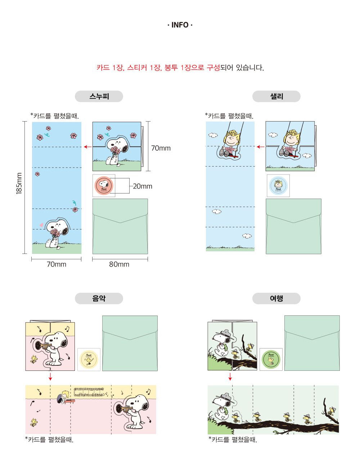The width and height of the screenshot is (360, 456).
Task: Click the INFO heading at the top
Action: point(180,25)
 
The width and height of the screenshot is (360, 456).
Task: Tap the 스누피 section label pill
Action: point(99,96)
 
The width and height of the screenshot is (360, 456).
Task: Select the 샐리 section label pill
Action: point(276,96)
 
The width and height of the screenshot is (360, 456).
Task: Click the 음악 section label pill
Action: point(99,298)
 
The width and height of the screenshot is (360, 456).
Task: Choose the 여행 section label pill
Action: point(276,298)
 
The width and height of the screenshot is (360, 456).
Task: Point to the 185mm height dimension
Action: point(19,183)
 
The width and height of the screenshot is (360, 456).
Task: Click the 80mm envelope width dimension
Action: point(119,264)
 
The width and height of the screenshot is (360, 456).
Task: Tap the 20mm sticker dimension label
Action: point(143,186)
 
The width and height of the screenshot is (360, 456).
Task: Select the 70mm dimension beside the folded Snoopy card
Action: point(161,148)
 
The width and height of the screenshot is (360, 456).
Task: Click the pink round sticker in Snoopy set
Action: point(104,186)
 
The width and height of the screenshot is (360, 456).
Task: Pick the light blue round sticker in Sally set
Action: point(278,186)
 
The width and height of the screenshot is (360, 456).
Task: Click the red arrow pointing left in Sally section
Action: point(260,147)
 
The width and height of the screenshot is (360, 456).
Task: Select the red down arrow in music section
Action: point(50,377)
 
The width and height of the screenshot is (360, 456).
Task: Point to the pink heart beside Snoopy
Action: point(41,225)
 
